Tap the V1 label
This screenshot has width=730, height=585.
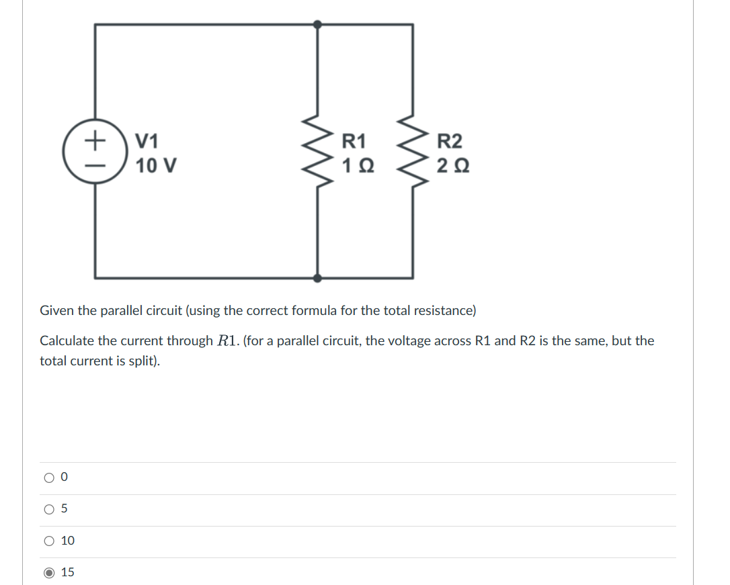147,142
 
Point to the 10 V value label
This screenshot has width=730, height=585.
156,165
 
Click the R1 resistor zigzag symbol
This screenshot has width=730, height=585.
318,153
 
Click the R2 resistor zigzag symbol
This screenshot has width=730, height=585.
413,153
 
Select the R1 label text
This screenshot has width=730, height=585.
354,142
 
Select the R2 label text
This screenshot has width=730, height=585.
450,142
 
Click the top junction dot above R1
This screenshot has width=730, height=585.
318,24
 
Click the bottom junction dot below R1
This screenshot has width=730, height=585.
318,277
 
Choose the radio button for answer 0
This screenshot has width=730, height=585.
49,478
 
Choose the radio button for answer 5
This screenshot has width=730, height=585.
49,509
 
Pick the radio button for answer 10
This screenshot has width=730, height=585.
49,541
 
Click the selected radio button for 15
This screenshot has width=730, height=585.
49,573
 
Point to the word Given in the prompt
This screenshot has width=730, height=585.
56,310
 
